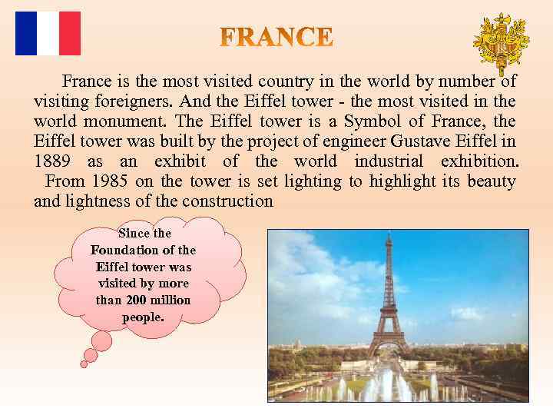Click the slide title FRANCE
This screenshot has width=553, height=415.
pos(277,37)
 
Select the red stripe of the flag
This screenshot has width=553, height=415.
pos(70,33)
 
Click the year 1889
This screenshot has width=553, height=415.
pos(53,161)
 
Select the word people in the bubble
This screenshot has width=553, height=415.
pos(143,317)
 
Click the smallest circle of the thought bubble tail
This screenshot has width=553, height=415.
pos(84,364)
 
